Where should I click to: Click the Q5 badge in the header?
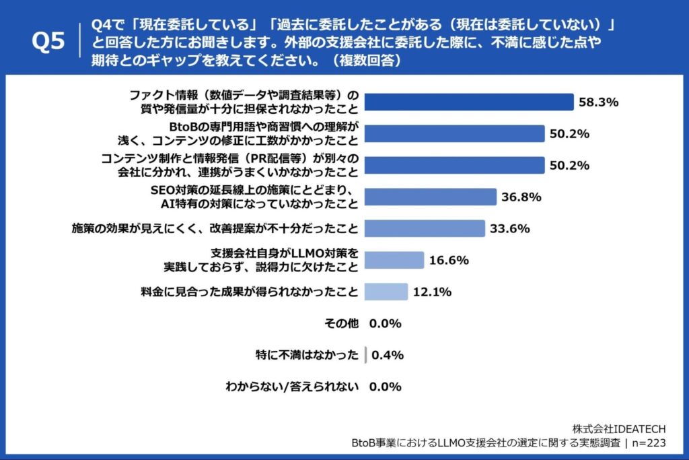[48, 42]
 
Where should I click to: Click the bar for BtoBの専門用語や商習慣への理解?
[454, 133]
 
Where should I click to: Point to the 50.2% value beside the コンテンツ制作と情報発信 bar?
[570, 165]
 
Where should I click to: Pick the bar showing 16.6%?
[394, 260]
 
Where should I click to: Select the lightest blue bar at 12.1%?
[386, 292]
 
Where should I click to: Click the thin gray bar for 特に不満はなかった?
[365, 355]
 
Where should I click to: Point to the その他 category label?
[343, 323]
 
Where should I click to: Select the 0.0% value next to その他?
[386, 323]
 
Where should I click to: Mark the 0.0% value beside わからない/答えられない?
[386, 387]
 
